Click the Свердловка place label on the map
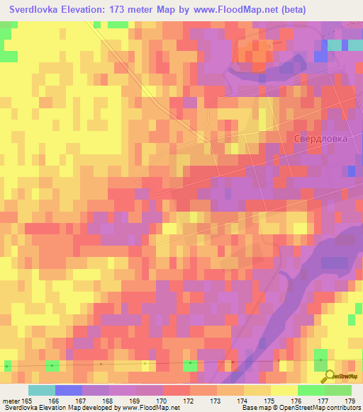point(320,139)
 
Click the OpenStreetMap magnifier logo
point(327,377)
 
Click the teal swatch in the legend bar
point(42,390)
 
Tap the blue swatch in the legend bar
point(69,390)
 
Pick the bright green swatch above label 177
point(311,390)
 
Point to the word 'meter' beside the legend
point(11,401)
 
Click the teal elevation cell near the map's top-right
point(334,45)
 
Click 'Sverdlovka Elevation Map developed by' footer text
point(60,408)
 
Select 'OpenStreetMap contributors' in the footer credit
point(319,408)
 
